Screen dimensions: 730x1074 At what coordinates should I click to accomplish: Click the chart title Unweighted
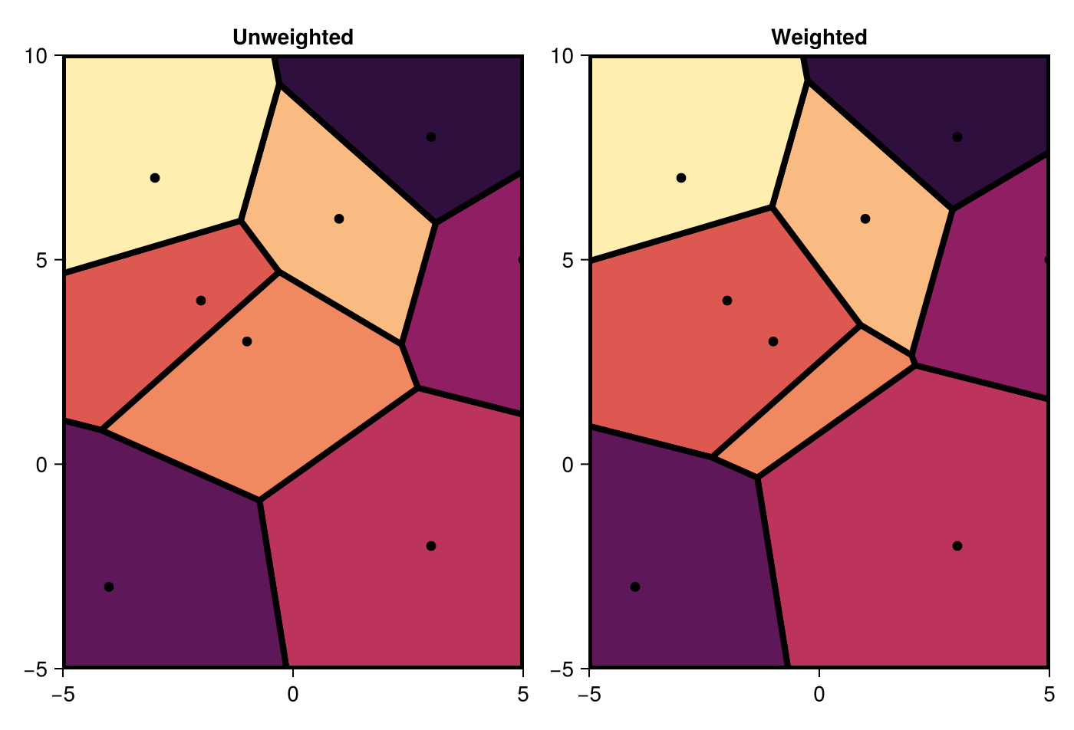click(293, 37)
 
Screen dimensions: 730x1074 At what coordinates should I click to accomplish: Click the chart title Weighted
click(819, 37)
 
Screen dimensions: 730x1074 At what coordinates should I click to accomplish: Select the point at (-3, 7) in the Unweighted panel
click(155, 178)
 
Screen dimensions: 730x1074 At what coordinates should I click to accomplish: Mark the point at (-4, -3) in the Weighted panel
click(635, 587)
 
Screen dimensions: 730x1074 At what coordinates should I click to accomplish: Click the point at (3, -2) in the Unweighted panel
click(431, 546)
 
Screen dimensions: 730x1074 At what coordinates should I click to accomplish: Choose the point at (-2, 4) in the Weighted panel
click(727, 301)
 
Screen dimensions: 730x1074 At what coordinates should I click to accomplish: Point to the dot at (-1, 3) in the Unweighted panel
click(247, 341)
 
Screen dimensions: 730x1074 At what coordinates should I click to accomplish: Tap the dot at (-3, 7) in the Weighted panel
click(681, 178)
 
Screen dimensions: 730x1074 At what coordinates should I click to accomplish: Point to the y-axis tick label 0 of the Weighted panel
click(568, 465)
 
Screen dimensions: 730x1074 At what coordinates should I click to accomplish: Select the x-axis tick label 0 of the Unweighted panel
click(293, 694)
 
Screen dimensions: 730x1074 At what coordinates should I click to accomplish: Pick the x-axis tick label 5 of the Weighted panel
click(1049, 694)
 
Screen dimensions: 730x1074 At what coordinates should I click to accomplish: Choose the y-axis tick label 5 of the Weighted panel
click(568, 260)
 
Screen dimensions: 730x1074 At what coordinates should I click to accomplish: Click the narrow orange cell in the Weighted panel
click(798, 399)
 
